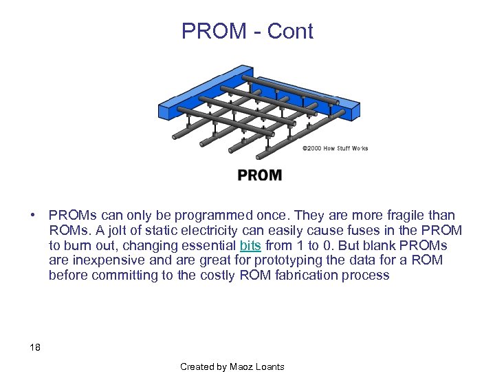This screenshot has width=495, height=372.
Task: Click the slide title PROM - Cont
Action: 247,31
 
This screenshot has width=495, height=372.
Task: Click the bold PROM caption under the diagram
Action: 259,176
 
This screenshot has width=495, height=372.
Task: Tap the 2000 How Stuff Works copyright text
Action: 335,148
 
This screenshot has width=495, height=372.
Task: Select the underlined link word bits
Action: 250,246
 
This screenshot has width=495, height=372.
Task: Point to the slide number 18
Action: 35,347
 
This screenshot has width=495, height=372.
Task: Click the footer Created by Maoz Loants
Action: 232,366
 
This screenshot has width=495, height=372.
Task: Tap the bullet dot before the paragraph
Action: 33,216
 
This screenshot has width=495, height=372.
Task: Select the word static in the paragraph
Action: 148,231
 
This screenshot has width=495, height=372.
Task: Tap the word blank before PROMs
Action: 386,246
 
